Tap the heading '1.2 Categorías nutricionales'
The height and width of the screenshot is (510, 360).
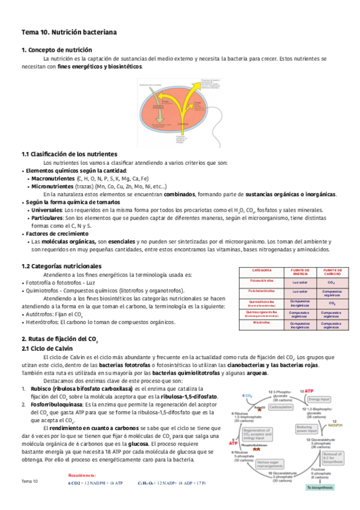coord(61,266)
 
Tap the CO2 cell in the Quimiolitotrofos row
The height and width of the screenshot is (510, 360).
coord(332,303)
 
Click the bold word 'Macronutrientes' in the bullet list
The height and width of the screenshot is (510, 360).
coord(53,179)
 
